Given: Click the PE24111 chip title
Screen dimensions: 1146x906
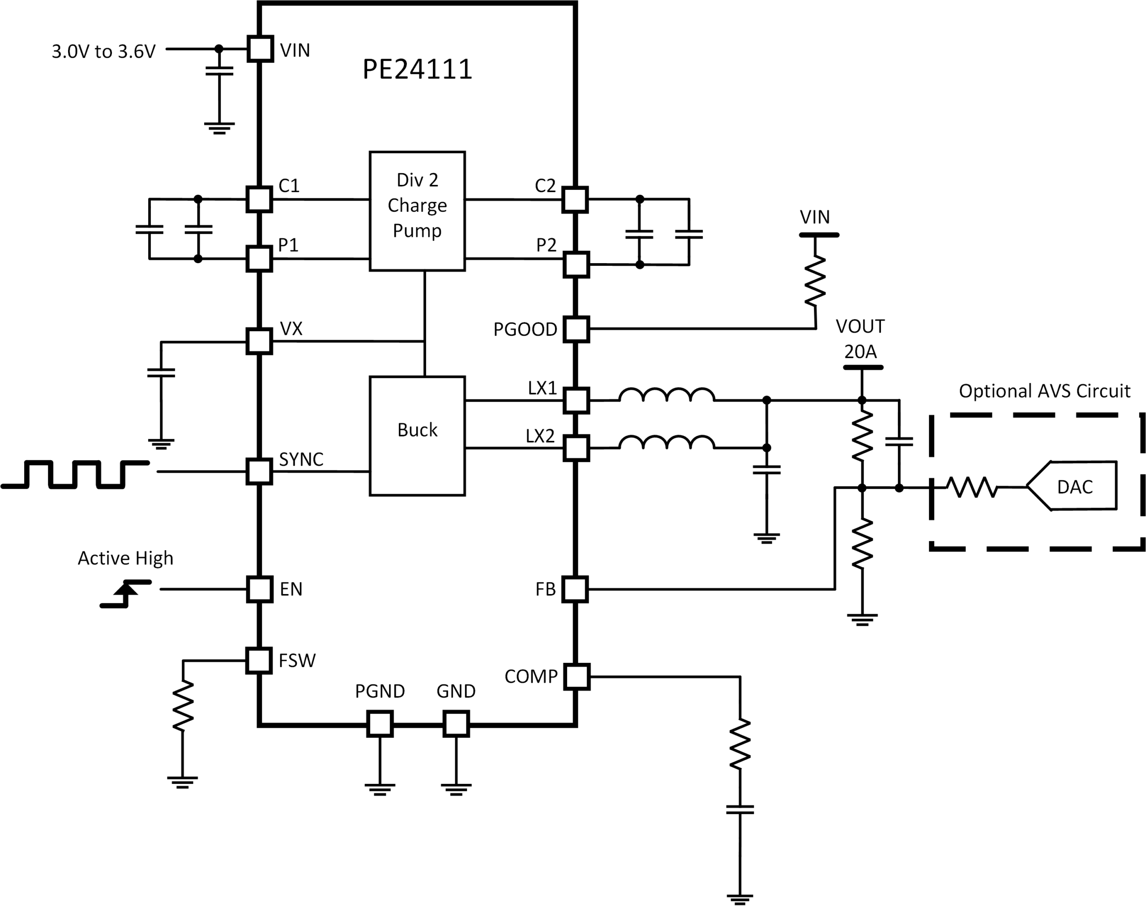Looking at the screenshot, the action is [417, 69].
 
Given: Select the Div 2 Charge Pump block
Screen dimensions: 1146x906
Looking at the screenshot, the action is [417, 211].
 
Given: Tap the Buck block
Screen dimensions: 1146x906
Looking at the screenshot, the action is [417, 436].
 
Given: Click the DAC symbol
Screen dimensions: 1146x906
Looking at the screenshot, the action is [1072, 486].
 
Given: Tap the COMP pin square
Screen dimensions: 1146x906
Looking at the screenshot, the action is [577, 676].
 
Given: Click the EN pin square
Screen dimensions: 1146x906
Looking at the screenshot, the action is [260, 589].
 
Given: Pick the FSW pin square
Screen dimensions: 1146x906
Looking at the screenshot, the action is [259, 660].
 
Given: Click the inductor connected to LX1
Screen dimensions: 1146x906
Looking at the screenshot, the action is [667, 395].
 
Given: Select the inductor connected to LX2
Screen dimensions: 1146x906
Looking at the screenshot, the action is [667, 442].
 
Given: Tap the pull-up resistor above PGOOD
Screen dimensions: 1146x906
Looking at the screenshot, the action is [815, 281].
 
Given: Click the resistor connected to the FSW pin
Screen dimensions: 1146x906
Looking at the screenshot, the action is [183, 705].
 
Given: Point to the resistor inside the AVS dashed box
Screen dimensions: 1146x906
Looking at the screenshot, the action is [972, 487].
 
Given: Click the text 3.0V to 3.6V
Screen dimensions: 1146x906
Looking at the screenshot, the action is [103, 51].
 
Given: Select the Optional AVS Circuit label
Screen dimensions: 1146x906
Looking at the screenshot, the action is [1044, 391].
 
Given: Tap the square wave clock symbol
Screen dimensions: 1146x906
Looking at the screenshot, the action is [75, 474].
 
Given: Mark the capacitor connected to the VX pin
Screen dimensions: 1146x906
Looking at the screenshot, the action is [161, 372].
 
